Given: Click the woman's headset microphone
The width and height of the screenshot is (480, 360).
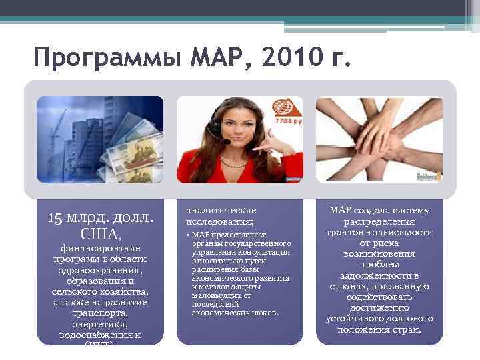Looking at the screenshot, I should click(227, 142).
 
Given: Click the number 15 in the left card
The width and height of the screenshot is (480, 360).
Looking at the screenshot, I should click(56, 217).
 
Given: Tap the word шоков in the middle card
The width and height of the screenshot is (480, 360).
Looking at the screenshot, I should click(265, 313).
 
